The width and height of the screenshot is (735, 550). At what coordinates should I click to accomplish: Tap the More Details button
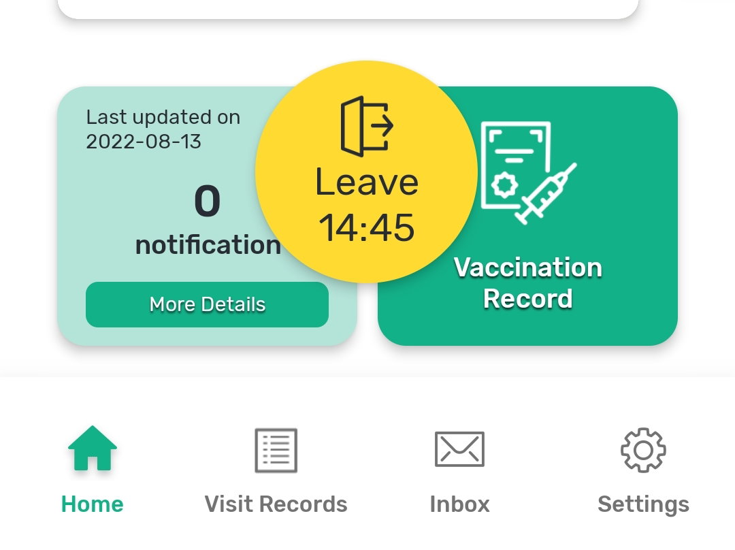pos(207,304)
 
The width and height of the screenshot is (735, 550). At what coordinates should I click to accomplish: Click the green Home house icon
pos(93,448)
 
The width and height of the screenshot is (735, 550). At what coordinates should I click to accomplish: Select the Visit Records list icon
pos(276,450)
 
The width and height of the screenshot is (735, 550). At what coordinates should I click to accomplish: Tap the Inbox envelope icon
pos(459,449)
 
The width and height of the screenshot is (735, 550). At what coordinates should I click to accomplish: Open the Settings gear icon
pos(643,450)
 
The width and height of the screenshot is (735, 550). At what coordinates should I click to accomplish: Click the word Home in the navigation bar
pos(93,504)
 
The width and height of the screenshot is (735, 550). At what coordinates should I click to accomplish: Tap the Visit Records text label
pos(276,504)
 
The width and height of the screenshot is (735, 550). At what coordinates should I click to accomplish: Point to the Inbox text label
pos(460,504)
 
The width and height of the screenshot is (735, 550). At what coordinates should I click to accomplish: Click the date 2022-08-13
pos(144,142)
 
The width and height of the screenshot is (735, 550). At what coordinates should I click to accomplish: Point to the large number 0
pos(207,201)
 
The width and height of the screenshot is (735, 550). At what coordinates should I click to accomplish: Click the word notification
pos(208,245)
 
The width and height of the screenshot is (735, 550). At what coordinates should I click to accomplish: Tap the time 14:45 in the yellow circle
pos(367,228)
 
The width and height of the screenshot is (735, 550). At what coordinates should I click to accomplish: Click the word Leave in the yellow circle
pos(367,182)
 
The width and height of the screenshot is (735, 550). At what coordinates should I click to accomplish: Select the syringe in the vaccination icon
pos(546,193)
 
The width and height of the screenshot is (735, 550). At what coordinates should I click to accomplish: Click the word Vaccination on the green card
pos(528,268)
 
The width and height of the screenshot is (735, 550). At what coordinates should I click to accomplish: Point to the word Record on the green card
pos(528,299)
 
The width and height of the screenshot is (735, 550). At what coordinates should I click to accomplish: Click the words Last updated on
pos(163,117)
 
